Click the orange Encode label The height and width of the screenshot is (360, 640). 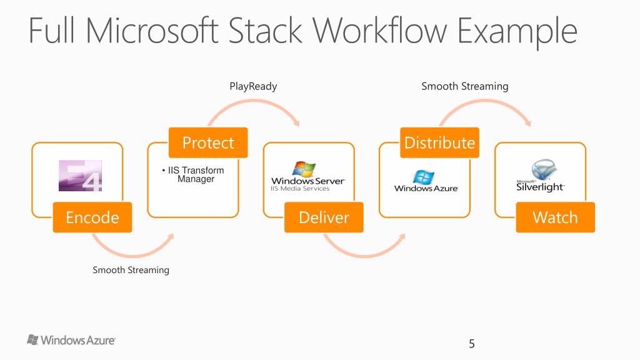(x=92, y=217)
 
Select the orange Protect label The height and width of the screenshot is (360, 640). (x=208, y=142)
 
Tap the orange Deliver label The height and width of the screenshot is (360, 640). (x=324, y=217)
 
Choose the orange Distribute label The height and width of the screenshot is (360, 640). (x=439, y=142)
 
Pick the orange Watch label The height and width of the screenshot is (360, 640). (x=555, y=217)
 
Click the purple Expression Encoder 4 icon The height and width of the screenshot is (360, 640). (x=81, y=176)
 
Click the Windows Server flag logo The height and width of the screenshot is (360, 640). (x=304, y=169)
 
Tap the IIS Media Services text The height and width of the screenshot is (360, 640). (x=300, y=189)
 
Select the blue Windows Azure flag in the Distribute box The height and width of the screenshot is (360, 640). (x=424, y=177)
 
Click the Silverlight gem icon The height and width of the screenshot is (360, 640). (x=544, y=169)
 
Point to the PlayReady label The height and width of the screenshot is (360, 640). (x=254, y=86)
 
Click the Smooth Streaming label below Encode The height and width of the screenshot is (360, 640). (x=131, y=270)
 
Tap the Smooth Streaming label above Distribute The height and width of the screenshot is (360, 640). (x=465, y=86)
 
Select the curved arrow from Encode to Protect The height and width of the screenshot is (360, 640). (x=132, y=256)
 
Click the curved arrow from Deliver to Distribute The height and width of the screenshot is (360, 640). (x=364, y=256)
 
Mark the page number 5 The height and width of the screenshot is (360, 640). (x=472, y=344)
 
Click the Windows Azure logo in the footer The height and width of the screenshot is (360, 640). (x=71, y=340)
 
